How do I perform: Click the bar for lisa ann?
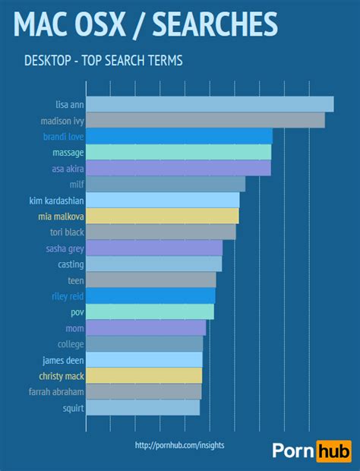[210, 104]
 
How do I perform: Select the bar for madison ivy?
[205, 120]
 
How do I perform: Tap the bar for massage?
[178, 152]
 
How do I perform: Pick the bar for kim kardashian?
[163, 200]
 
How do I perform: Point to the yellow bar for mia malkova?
[163, 216]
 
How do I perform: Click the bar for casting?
[153, 264]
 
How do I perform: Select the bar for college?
[144, 343]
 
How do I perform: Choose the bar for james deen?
[144, 359]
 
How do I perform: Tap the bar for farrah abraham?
[144, 391]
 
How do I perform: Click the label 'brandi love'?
[63, 137]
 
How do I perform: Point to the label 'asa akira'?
[68, 169]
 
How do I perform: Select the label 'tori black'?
[67, 232]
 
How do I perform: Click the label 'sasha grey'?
[65, 248]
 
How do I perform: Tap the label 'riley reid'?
[67, 296]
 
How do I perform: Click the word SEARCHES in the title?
[215, 24]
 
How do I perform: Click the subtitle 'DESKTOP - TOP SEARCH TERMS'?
[103, 59]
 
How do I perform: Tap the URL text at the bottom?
[179, 445]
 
